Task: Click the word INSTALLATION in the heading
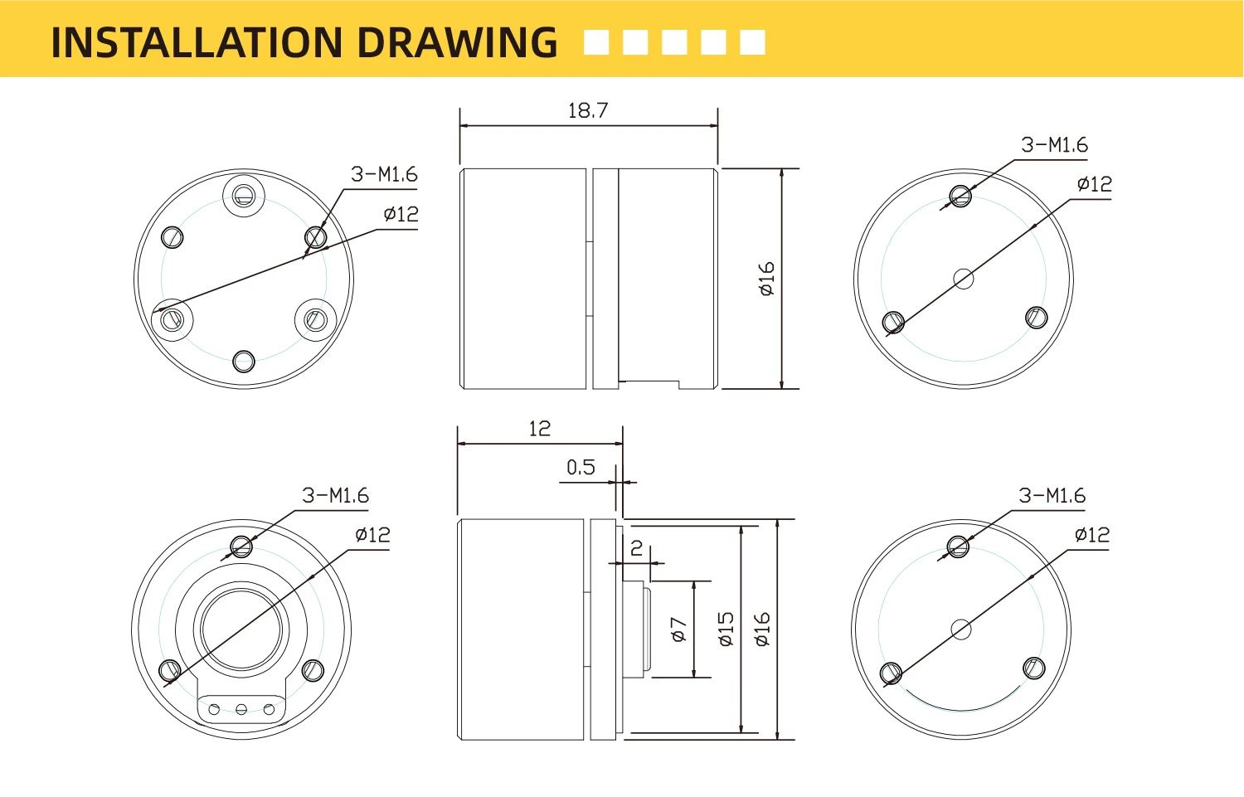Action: point(197,42)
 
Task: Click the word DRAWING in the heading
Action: point(457,42)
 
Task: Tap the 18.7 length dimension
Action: point(588,110)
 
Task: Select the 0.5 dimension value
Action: point(581,468)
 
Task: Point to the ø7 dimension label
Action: point(679,629)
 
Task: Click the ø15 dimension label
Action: point(726,629)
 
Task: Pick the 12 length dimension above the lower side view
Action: point(540,429)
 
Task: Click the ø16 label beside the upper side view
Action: point(766,279)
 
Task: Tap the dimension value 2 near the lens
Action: point(636,548)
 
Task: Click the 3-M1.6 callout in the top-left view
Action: point(384,174)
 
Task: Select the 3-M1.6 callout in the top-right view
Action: point(1055,145)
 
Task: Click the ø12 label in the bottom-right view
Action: point(1092,535)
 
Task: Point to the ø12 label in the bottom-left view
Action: point(372,535)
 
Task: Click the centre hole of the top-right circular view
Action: point(964,279)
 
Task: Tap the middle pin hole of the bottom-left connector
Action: point(241,709)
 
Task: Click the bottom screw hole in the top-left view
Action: point(243,362)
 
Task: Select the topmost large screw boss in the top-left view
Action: point(243,196)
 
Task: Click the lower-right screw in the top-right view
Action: point(1037,318)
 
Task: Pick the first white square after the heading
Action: point(596,42)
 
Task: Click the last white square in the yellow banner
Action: point(752,42)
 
